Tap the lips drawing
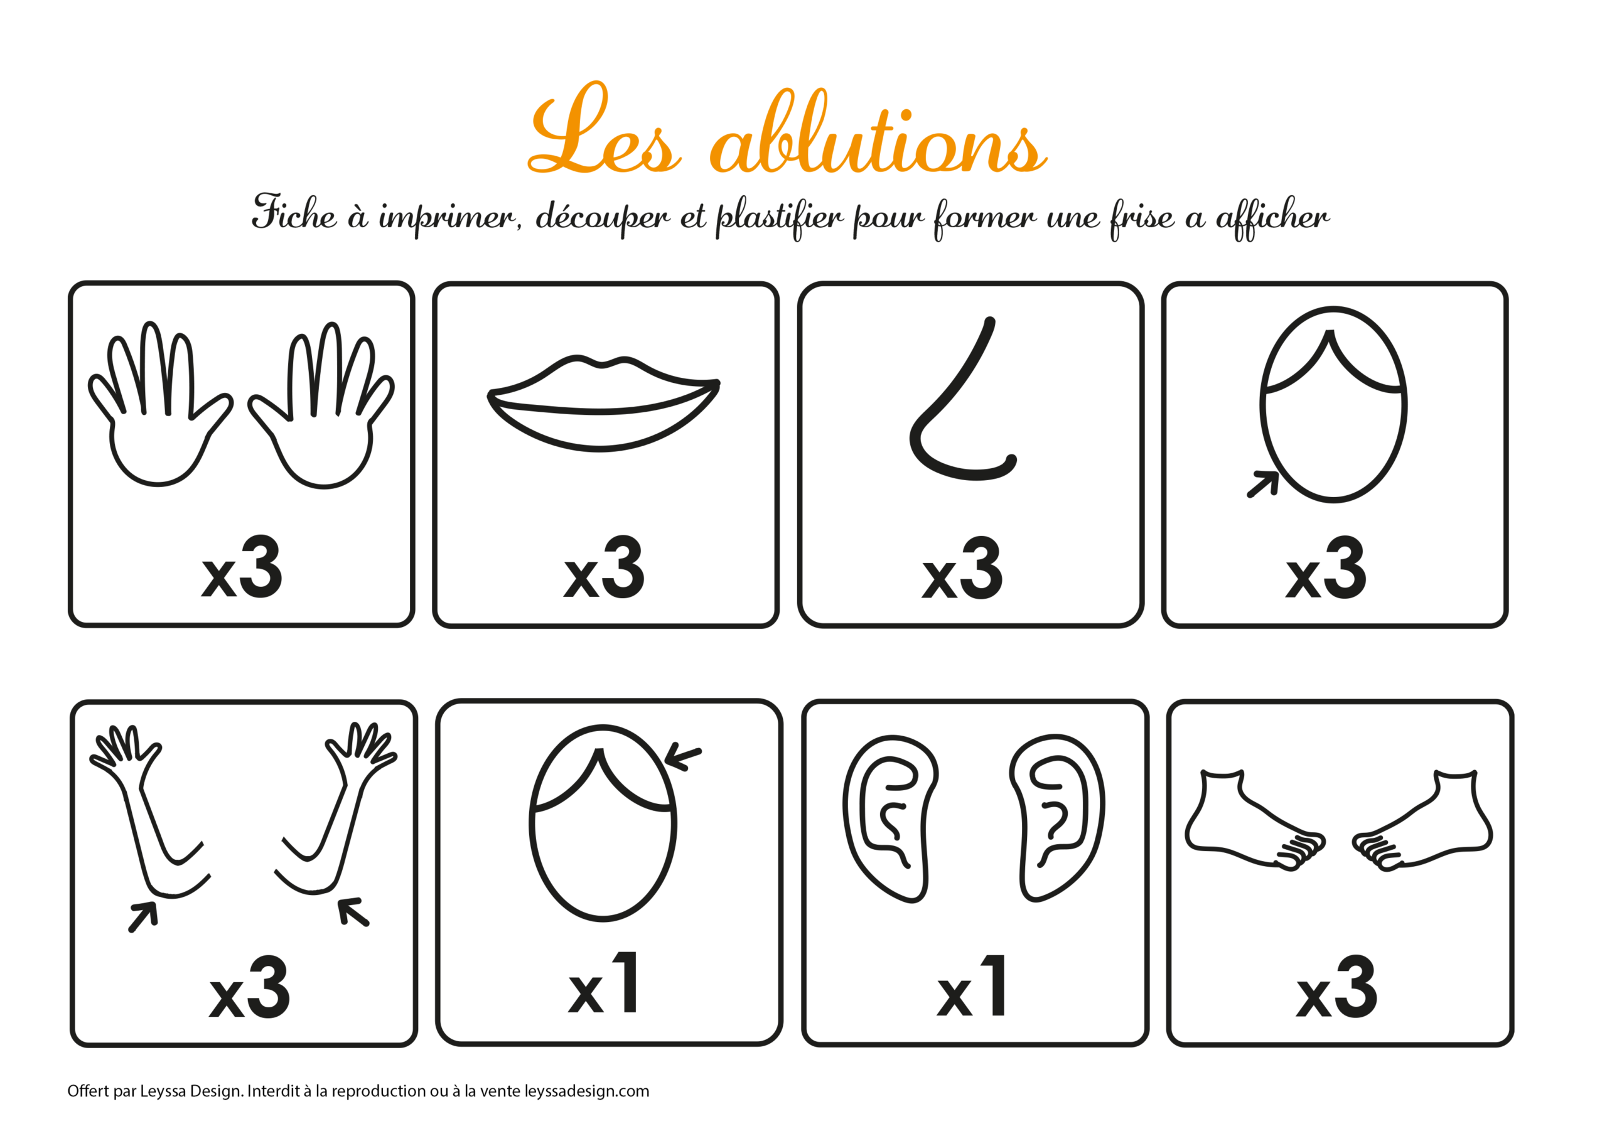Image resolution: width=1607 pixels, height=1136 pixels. click(x=603, y=403)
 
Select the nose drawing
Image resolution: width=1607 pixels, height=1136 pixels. click(x=962, y=399)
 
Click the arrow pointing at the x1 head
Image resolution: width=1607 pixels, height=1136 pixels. click(x=682, y=758)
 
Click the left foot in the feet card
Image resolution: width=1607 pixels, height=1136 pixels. click(x=1255, y=820)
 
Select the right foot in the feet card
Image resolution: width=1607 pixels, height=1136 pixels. click(x=1422, y=820)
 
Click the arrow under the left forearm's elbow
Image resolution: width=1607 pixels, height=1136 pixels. click(x=144, y=916)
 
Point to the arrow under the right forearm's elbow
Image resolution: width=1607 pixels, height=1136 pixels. click(x=353, y=912)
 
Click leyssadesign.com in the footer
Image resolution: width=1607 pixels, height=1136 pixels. click(x=586, y=1091)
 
